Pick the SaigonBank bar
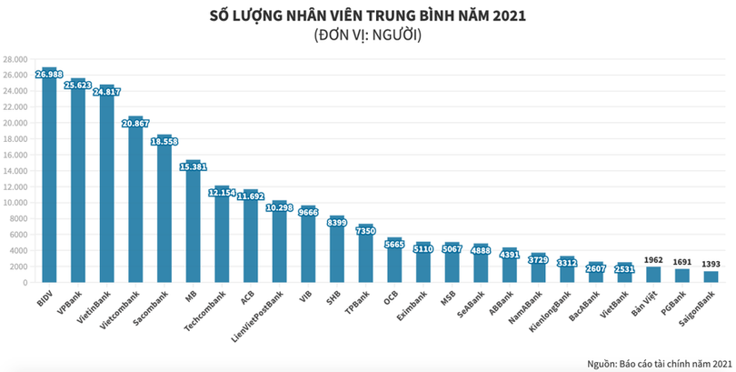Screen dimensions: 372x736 pyautogui.click(x=710, y=276)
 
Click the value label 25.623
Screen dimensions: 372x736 pyautogui.click(x=78, y=85)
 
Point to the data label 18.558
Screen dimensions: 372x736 pyautogui.click(x=164, y=141)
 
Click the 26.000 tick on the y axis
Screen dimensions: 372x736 pyautogui.click(x=16, y=75)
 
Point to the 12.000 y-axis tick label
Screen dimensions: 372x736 pyautogui.click(x=16, y=186)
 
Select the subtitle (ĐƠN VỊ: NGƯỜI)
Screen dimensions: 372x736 pyautogui.click(x=367, y=36)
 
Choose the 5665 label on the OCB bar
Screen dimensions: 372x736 pyautogui.click(x=393, y=243)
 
